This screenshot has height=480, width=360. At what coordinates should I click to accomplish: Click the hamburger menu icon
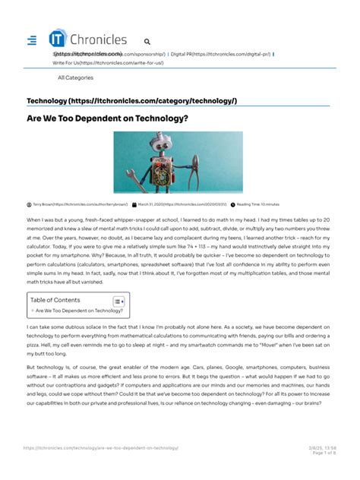[31, 40]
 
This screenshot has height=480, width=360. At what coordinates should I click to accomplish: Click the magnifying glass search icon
[147, 43]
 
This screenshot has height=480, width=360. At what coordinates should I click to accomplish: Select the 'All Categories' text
[75, 77]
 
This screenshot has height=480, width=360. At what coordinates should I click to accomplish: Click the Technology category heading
[131, 101]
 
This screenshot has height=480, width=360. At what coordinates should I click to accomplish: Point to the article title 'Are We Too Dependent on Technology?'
[118, 118]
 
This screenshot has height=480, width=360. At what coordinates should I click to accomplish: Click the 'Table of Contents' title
[55, 300]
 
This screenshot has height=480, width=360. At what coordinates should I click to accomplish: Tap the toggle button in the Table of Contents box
[118, 302]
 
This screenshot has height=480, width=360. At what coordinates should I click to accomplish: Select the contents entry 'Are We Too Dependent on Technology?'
[78, 311]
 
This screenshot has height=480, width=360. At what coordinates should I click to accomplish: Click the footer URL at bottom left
[106, 448]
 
